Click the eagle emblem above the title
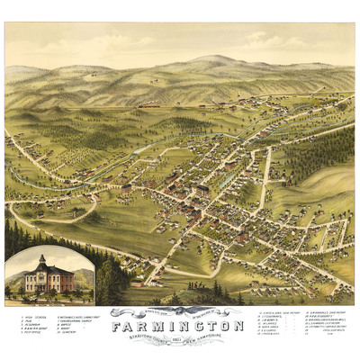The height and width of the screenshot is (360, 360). pos(178,312)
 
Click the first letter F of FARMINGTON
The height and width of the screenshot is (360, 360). pos(117,325)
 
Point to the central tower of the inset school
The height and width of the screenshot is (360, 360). pos(42,263)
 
